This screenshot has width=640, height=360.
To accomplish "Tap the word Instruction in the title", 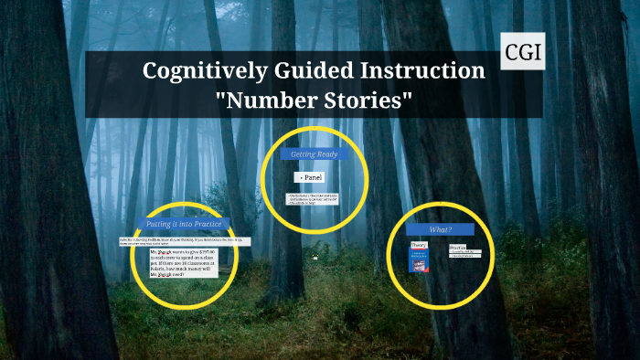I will [x=426, y=70].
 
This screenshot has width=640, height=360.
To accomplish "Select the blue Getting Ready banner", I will [x=314, y=154].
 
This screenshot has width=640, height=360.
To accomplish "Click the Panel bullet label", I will [x=310, y=176].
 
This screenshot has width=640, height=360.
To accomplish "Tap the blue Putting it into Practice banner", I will [x=183, y=224].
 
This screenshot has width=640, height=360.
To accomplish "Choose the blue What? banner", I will [x=441, y=228].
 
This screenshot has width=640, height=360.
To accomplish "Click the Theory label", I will [x=419, y=246].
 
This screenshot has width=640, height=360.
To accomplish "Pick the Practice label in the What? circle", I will [x=457, y=247].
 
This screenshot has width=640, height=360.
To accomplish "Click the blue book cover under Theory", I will [x=420, y=260].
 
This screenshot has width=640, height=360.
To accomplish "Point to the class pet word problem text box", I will [x=181, y=263].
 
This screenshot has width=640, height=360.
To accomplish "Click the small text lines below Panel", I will [x=313, y=198].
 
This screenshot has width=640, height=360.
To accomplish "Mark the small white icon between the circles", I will [x=315, y=258].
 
